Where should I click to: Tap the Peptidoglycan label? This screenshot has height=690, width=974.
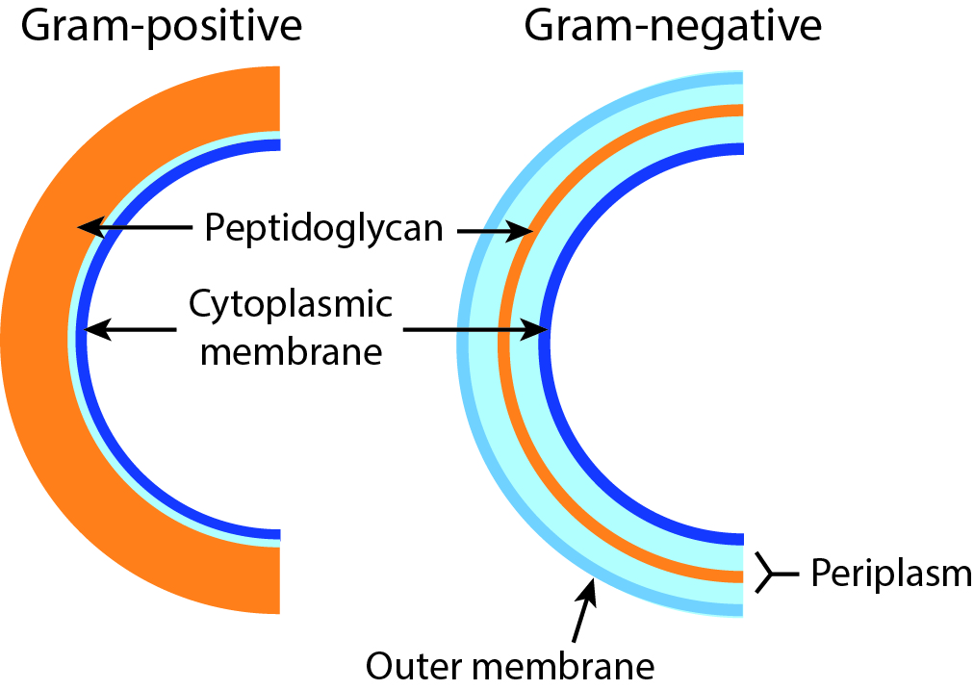tap(323, 230)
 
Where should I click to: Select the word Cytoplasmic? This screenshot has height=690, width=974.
tap(291, 305)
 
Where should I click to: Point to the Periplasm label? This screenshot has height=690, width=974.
tap(890, 575)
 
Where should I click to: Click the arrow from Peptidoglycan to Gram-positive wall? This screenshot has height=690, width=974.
tap(135, 228)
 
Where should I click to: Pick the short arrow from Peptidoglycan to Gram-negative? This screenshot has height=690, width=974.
tap(495, 231)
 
